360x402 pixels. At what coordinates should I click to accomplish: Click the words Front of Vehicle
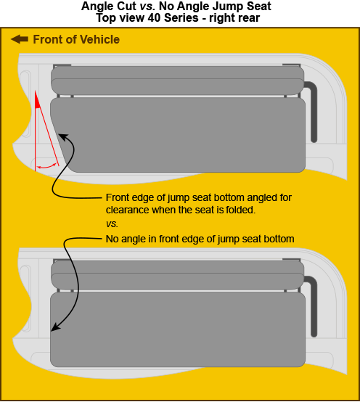point(76,39)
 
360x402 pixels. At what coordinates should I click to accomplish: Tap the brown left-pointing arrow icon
point(19,39)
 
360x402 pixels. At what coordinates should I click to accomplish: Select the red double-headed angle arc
point(48,166)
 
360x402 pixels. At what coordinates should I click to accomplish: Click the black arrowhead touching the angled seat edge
point(62,136)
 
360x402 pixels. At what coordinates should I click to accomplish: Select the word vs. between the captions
point(112,223)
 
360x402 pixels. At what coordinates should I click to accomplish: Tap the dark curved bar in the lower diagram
point(314,305)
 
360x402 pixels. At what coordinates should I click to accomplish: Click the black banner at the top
point(180,13)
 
